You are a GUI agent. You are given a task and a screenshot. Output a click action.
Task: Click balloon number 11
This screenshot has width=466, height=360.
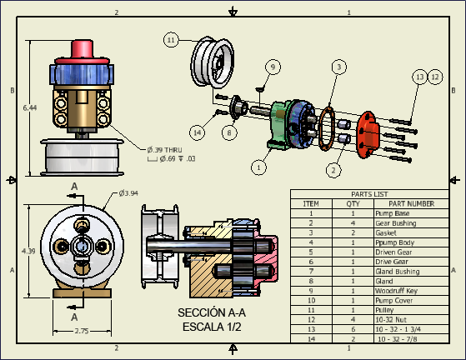click(x=171, y=39)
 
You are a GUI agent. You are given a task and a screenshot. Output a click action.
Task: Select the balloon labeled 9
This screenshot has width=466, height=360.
click(x=272, y=66)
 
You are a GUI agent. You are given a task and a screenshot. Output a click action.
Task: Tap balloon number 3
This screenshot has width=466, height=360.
click(x=338, y=66)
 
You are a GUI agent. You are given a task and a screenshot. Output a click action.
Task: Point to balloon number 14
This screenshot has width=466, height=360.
click(x=197, y=132)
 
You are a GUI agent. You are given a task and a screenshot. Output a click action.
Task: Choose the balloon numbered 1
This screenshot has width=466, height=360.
click(x=259, y=167)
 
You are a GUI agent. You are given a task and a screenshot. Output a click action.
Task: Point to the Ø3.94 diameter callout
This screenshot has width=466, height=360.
click(x=128, y=193)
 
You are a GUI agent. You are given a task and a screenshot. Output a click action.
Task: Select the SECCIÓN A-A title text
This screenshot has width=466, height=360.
click(x=212, y=312)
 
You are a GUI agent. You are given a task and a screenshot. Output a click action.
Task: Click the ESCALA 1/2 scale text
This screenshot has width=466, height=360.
click(x=212, y=326)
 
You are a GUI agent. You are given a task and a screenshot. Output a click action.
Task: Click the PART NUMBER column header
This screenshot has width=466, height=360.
click(x=411, y=203)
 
